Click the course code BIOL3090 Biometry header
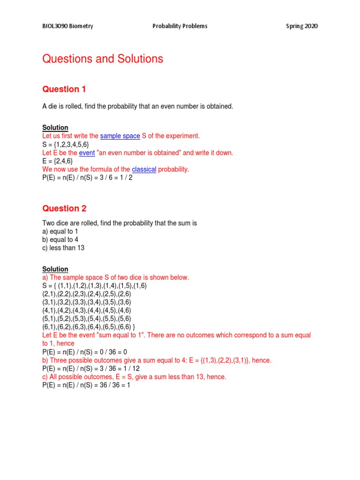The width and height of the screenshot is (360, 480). click(67, 26)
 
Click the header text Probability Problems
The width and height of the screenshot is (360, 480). click(180, 26)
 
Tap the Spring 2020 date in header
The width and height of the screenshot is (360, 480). click(302, 26)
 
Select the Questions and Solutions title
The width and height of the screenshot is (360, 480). click(103, 59)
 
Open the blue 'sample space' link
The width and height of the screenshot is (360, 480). click(120, 136)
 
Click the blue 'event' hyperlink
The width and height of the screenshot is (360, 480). click(87, 153)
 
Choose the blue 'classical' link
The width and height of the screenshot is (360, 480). click(144, 169)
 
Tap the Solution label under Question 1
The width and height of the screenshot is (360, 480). click(55, 127)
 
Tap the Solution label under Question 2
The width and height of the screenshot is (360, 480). click(55, 269)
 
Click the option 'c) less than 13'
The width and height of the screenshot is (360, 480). click(63, 248)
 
